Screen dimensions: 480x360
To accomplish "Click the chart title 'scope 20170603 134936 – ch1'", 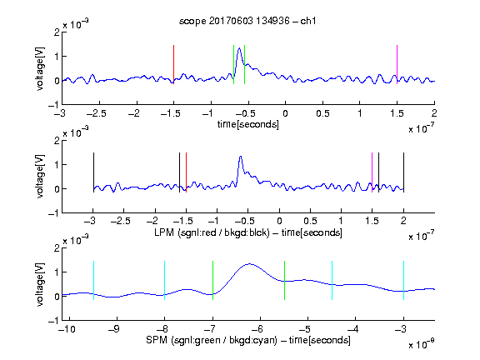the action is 247,21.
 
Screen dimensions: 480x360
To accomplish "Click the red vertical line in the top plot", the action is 173,65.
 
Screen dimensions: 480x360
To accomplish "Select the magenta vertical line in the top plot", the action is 397,65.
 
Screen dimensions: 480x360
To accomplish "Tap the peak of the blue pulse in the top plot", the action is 239,48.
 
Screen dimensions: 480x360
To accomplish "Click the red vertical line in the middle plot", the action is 186,172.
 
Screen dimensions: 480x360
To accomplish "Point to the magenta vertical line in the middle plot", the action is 372,172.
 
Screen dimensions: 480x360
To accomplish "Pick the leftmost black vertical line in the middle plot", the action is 93,172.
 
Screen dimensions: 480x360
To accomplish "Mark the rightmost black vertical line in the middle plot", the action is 403,172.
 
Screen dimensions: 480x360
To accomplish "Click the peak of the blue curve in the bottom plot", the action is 250,264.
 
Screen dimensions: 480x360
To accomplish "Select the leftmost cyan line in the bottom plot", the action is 93,280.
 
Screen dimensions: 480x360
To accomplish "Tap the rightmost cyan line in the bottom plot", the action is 403,280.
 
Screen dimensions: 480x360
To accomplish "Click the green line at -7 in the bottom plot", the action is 212,280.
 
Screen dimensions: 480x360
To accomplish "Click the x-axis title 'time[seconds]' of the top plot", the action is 248,124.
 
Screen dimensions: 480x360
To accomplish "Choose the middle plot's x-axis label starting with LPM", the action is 248,232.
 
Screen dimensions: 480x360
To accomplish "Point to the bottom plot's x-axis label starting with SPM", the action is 248,340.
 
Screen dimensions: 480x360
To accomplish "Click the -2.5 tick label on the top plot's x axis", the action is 97,114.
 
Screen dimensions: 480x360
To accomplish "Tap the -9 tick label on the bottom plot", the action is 114,329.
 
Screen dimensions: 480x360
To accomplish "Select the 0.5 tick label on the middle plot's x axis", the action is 310,221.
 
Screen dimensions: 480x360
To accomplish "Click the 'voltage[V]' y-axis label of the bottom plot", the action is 40,284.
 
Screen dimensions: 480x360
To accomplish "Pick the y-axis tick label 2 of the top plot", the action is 57,32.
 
